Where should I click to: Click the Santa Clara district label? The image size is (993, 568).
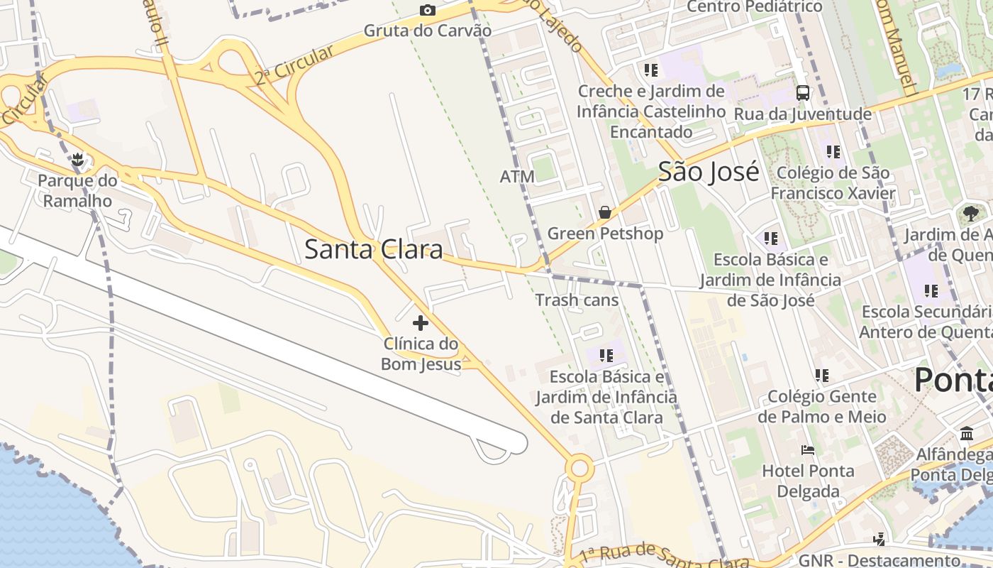(x=374, y=249)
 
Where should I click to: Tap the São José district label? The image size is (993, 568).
(x=709, y=172)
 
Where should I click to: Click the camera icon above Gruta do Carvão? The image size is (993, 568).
(x=427, y=10)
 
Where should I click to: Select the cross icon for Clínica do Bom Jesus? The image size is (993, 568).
(x=421, y=323)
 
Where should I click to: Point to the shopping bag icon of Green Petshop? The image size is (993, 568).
(x=605, y=212)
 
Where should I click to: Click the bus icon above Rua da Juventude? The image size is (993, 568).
(x=803, y=92)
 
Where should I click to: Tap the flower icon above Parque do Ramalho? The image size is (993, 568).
(x=78, y=160)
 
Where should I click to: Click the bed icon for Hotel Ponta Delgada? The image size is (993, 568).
(x=807, y=449)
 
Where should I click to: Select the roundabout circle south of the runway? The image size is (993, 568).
(x=580, y=468)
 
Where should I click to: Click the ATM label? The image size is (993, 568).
(x=517, y=176)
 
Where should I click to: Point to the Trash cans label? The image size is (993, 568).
(x=577, y=300)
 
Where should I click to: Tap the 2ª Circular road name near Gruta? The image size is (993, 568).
(x=294, y=65)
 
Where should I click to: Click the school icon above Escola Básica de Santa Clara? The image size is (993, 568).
(x=606, y=355)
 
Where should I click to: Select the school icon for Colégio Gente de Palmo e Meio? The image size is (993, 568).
(x=821, y=375)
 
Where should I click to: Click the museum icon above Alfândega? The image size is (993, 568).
(x=967, y=433)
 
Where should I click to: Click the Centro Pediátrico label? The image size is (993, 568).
(x=755, y=7)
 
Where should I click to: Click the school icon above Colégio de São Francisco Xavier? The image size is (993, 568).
(x=833, y=151)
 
